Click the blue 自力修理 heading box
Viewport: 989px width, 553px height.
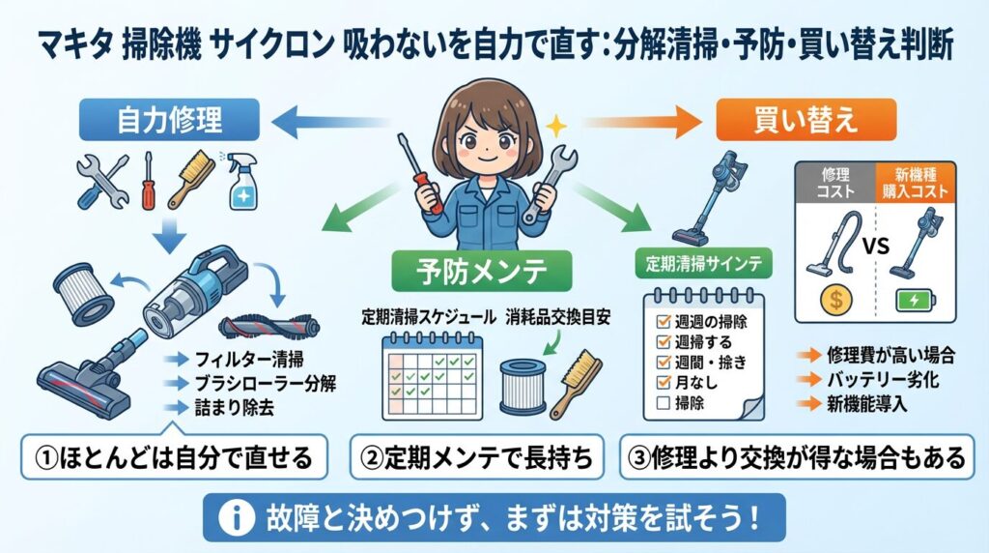click(x=169, y=121)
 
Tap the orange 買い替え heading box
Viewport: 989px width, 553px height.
click(x=806, y=121)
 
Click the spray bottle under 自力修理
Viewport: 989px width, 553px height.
click(x=241, y=182)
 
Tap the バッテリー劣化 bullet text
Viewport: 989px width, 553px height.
click(x=869, y=381)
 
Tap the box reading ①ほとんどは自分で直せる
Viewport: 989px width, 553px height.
click(x=170, y=457)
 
